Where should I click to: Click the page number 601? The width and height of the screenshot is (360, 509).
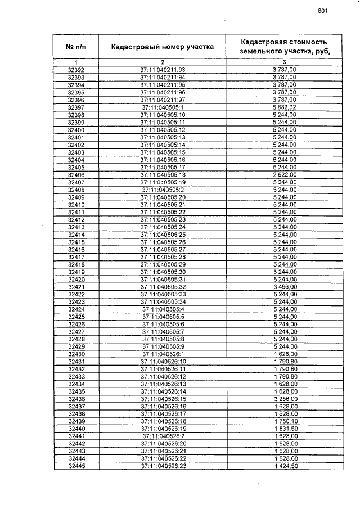pos(322,11)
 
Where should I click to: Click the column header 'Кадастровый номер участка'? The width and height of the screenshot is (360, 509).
pos(162,47)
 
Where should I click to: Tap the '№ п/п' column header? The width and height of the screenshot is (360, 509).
pos(75,47)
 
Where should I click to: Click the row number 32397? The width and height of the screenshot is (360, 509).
pos(75,107)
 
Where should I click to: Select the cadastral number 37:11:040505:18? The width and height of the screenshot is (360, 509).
pos(163,175)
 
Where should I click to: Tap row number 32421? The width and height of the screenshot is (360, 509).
pos(75,287)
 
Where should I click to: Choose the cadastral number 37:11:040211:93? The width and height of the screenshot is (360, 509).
pos(163,70)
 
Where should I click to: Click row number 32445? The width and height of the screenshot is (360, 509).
pos(75,466)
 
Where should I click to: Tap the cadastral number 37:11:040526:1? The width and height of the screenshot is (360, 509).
pos(163,354)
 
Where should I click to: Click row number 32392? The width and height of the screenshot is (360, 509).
pos(75,70)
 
